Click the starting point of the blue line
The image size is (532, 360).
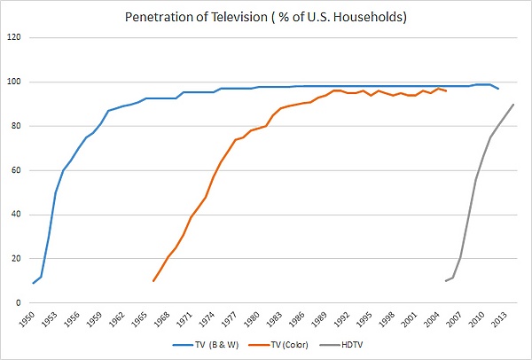pos(34,283)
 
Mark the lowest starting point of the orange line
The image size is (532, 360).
pos(153,281)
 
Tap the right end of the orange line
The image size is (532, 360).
pos(445,90)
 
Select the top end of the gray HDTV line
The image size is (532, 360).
pos(512,105)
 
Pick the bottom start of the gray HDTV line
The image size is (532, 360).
pos(445,281)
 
